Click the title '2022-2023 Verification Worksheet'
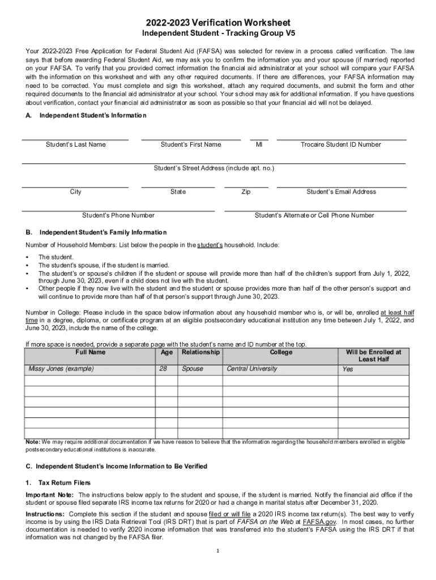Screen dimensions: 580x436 pyautogui.click(x=217, y=22)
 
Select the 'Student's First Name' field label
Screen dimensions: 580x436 pyautogui.click(x=191, y=144)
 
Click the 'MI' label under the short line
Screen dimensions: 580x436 pyautogui.click(x=259, y=144)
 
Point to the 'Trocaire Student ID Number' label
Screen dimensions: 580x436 pyautogui.click(x=341, y=144)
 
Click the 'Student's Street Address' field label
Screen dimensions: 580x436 pyautogui.click(x=214, y=168)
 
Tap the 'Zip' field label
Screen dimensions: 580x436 pyautogui.click(x=246, y=192)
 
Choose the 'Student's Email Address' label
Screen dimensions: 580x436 pyautogui.click(x=341, y=192)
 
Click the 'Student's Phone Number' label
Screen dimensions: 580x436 pyautogui.click(x=118, y=216)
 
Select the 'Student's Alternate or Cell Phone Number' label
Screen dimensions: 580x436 pyautogui.click(x=314, y=216)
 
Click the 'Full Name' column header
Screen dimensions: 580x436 pyautogui.click(x=90, y=352)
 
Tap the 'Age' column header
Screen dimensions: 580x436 pyautogui.click(x=166, y=352)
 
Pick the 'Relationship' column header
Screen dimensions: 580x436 pyautogui.click(x=200, y=352)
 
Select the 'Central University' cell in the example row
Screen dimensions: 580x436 pyautogui.click(x=252, y=369)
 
